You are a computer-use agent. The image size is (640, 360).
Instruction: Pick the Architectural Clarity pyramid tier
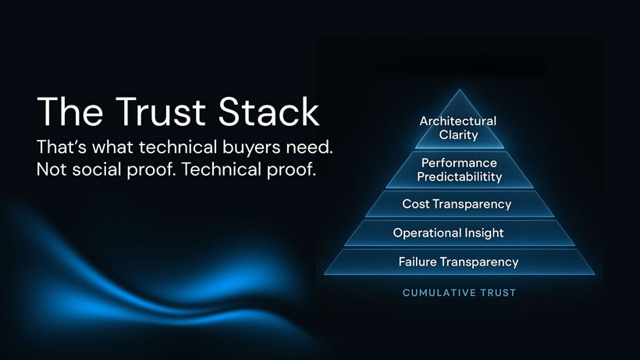tap(457, 127)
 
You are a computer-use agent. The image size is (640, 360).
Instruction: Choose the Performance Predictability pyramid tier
tap(458, 169)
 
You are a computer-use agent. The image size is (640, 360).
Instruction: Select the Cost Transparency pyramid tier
tap(457, 205)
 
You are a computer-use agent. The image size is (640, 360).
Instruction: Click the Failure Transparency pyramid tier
tap(458, 262)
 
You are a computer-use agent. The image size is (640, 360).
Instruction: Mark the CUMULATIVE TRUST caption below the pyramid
tap(459, 293)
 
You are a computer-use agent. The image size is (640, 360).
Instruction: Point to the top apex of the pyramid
tap(459, 91)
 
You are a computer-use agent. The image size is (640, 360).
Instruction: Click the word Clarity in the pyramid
tap(458, 134)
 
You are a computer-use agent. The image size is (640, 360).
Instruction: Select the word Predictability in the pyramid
tap(459, 176)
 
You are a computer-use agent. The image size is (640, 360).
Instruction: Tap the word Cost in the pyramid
tap(414, 205)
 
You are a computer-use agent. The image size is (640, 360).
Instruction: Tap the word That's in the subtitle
tap(62, 147)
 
